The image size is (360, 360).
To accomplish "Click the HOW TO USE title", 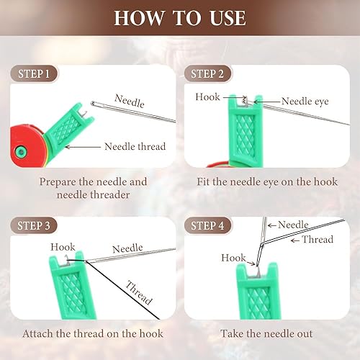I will coord(179,18).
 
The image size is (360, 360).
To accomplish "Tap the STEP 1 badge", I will coord(35,74).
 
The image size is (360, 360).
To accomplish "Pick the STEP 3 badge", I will coord(35,226).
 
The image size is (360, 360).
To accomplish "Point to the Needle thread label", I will coord(135,146).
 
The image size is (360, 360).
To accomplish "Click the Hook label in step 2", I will coord(208,96).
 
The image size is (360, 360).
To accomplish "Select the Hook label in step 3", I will coord(63,247).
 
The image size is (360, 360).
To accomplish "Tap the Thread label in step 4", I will coord(318,239).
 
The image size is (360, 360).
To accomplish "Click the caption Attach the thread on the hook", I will coord(93,333).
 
